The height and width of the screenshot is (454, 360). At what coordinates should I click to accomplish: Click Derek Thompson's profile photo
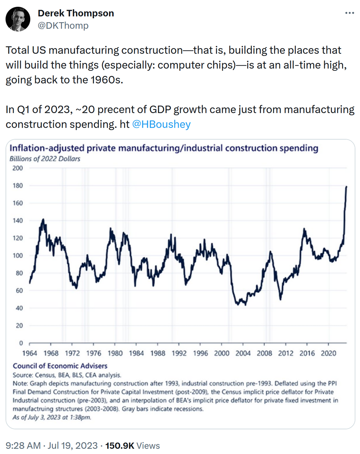tap(18, 19)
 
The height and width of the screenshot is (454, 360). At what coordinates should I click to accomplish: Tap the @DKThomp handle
tap(63, 26)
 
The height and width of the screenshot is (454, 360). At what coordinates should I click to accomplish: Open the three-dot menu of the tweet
tap(349, 13)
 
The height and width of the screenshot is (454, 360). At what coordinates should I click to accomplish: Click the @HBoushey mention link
tap(161, 125)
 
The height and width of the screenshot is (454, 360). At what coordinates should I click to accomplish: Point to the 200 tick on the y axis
tap(18, 168)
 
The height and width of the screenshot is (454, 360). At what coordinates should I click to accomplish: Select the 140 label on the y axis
tap(18, 221)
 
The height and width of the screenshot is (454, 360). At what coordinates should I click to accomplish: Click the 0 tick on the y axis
tap(21, 343)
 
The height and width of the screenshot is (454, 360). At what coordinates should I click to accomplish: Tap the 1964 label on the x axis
tap(30, 353)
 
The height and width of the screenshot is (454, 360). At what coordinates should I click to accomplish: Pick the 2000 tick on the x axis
tap(222, 353)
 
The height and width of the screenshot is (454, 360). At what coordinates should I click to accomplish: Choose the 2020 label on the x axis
tap(329, 353)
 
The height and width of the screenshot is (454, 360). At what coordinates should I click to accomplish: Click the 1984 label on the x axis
tap(136, 353)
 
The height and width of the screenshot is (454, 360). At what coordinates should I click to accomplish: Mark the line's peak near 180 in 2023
tap(347, 187)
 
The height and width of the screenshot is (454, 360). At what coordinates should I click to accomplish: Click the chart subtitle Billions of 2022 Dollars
tap(45, 159)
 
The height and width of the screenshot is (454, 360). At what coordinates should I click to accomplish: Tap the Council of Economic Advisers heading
tap(60, 366)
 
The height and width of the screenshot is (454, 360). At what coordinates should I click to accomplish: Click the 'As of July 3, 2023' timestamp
tap(52, 417)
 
